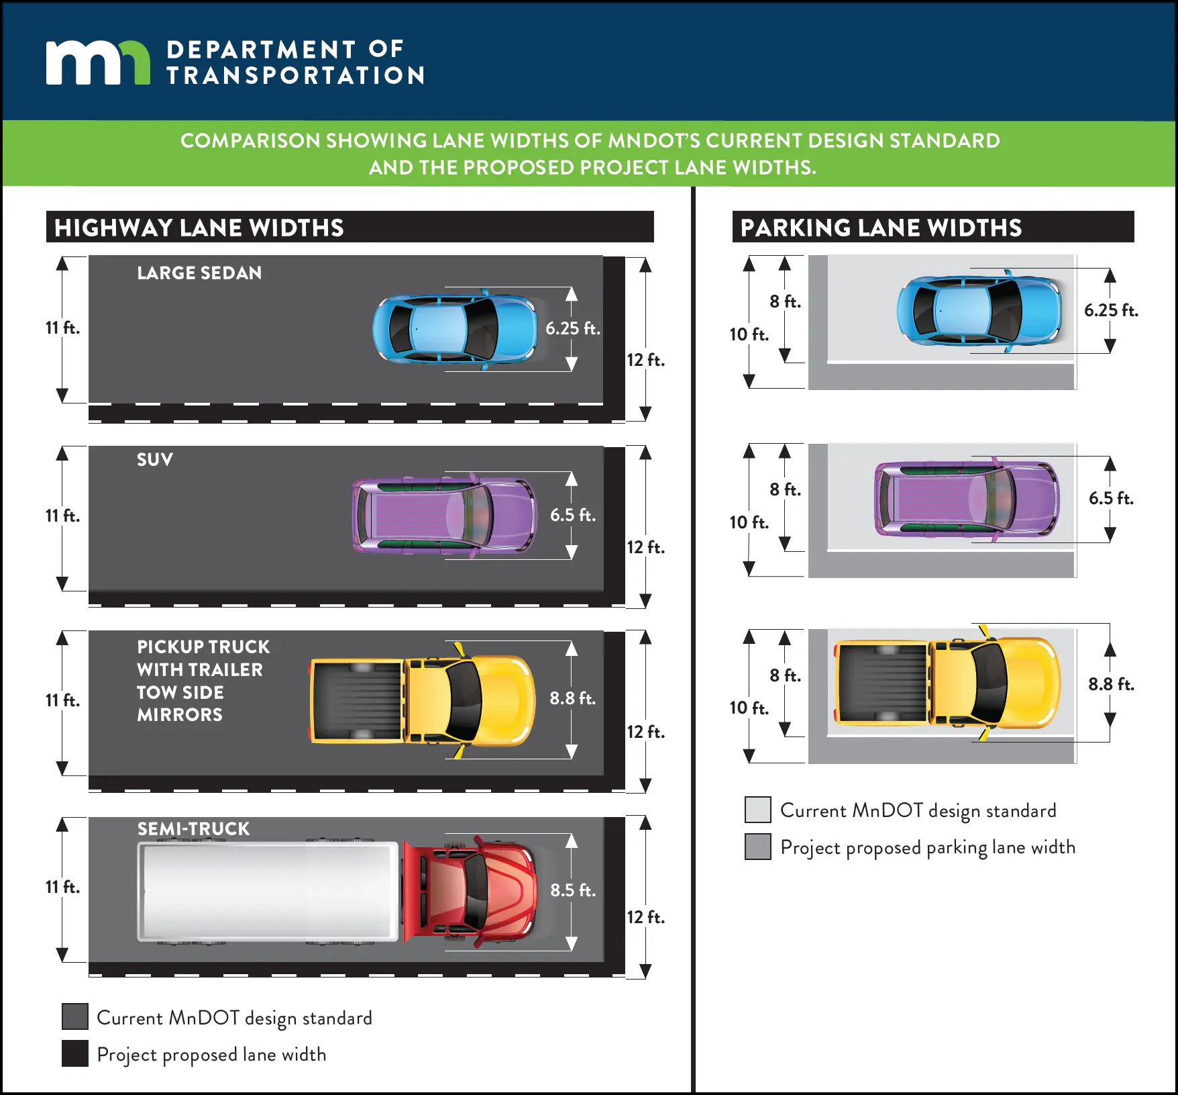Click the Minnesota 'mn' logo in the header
(x=98, y=62)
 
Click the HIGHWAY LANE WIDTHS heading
(x=199, y=228)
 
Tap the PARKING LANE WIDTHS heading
(x=880, y=228)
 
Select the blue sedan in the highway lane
(x=455, y=329)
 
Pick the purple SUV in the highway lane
(x=445, y=516)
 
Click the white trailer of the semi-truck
(x=267, y=892)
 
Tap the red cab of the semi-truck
(x=470, y=890)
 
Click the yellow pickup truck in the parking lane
(x=947, y=683)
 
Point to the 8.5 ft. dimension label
(x=572, y=890)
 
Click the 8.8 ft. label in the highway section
(x=572, y=698)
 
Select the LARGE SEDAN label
(x=199, y=273)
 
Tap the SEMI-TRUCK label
(x=193, y=829)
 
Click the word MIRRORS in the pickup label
(x=180, y=715)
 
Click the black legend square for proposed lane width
(x=75, y=1053)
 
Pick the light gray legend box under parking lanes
(x=758, y=810)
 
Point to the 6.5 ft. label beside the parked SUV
(x=1111, y=498)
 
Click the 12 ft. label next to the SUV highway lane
(x=645, y=547)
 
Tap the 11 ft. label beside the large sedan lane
(x=62, y=328)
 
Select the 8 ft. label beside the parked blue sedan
(x=785, y=301)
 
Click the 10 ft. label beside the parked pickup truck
(x=749, y=708)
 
